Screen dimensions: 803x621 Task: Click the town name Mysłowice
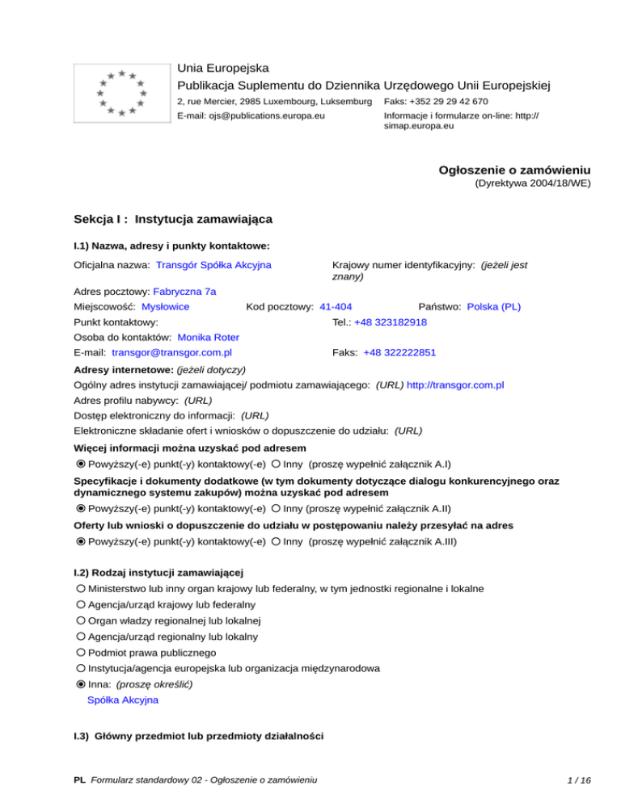165,307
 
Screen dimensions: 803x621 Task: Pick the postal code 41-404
336,307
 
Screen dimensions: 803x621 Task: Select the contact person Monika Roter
208,337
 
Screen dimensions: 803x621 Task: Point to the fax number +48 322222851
399,352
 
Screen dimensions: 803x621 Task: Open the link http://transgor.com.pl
456,385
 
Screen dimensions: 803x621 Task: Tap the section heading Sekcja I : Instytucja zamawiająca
172,219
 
